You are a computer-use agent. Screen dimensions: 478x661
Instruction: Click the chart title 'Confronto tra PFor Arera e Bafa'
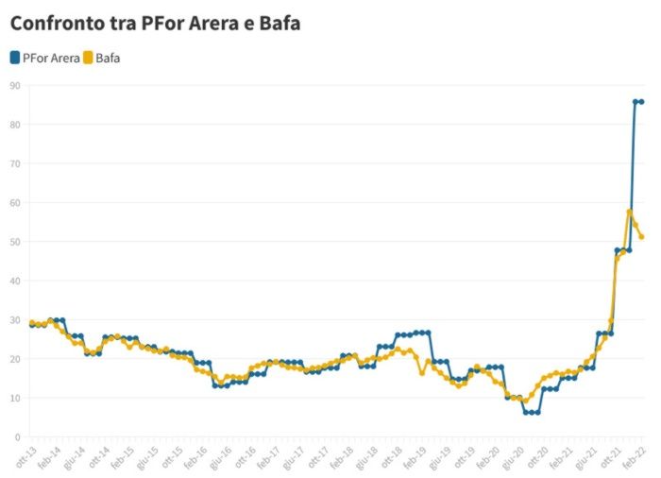click(x=155, y=23)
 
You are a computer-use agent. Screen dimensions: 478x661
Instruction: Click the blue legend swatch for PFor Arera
click(x=15, y=58)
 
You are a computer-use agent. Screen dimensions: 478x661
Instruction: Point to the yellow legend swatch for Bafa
click(x=87, y=58)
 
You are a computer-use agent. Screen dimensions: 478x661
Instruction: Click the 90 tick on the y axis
click(x=15, y=85)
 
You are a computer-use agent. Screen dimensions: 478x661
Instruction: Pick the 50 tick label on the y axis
click(x=15, y=241)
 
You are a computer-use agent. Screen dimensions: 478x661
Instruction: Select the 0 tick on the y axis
click(x=17, y=436)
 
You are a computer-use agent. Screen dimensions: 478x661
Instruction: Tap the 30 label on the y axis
click(x=15, y=319)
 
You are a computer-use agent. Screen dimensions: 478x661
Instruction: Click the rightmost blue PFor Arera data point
click(x=641, y=102)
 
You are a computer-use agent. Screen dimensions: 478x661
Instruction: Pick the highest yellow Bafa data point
click(x=629, y=212)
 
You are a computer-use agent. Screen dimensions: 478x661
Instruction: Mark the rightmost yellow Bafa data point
click(x=641, y=237)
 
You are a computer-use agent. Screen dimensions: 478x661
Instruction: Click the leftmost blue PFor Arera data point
click(x=31, y=325)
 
